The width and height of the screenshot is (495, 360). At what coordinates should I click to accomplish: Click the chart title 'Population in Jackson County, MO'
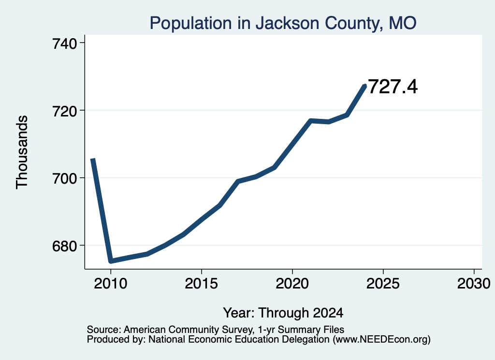tap(283, 23)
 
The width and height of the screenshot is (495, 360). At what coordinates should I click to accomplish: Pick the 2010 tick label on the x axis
tap(111, 283)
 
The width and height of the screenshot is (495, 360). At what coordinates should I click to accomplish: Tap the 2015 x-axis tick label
tap(202, 283)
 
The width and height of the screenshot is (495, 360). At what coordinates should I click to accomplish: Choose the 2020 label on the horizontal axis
tap(292, 283)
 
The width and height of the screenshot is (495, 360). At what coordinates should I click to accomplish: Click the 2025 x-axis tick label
tap(383, 283)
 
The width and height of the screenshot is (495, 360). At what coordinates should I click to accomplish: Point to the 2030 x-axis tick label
tap(474, 283)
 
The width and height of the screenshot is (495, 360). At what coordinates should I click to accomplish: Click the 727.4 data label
tap(393, 87)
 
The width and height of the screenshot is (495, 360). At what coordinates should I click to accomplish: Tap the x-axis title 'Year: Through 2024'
tap(283, 313)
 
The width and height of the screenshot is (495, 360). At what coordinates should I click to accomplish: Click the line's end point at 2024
tap(365, 86)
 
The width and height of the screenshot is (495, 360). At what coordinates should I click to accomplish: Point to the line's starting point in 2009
tap(92, 159)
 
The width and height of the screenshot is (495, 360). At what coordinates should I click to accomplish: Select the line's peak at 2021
tap(311, 121)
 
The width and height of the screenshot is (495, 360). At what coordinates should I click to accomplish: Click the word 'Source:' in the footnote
tap(104, 330)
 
